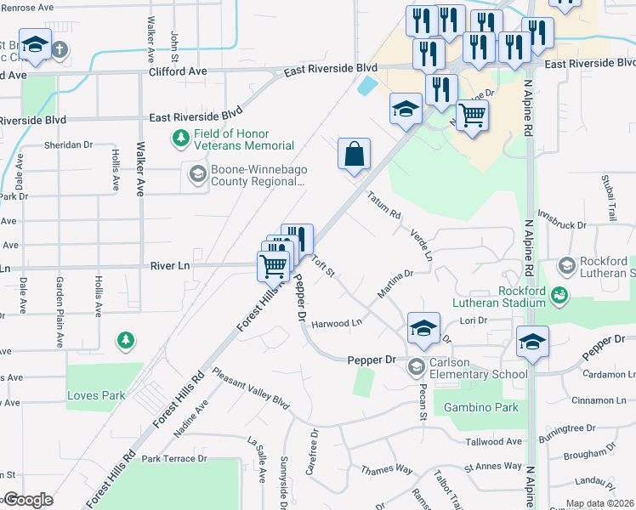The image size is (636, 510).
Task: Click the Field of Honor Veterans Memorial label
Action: pos(232,139)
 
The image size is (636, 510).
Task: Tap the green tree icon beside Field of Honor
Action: pos(180,136)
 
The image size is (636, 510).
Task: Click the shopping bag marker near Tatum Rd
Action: pos(355,156)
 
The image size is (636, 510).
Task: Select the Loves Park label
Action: pos(95,395)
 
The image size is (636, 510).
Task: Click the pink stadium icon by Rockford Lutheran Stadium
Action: pos(559,295)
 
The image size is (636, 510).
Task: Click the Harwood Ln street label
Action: pos(337,323)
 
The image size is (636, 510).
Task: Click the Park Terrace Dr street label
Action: pos(174,459)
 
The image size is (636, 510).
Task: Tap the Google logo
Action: pos(28,501)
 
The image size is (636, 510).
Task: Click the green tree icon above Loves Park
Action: pos(126,341)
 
